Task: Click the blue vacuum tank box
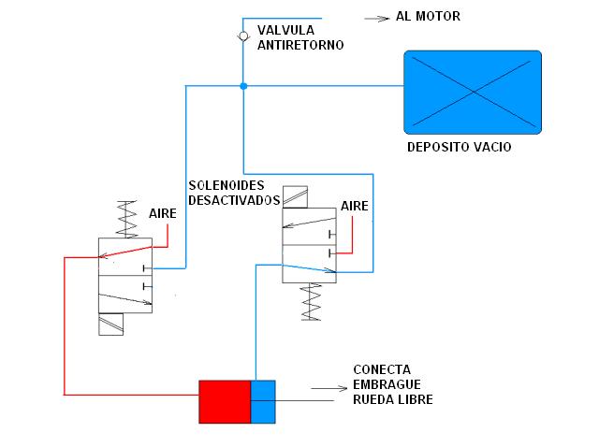tap(472, 91)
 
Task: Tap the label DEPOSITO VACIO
tap(459, 148)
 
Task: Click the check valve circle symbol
tap(242, 36)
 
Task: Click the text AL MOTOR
tap(428, 16)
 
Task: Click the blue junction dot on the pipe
tap(242, 86)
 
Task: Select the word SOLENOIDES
tap(226, 185)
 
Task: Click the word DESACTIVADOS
tap(234, 200)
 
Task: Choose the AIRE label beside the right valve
tap(355, 206)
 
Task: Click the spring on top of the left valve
tap(124, 218)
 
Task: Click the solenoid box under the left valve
tap(110, 324)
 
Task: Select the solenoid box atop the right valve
tap(296, 196)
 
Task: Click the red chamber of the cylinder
tap(225, 401)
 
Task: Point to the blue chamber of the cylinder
tap(263, 401)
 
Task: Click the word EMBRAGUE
tap(387, 384)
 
